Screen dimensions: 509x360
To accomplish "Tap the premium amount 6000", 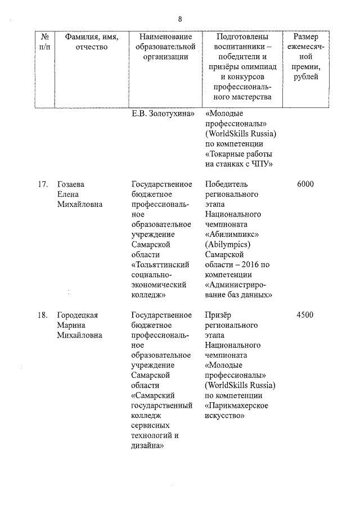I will tap(304, 184).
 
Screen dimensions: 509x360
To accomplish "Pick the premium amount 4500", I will tap(304, 315).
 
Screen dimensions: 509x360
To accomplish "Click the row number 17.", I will tap(39, 184).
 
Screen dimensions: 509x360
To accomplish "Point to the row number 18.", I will tap(39, 315).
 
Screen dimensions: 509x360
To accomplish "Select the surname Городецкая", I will tap(78, 315).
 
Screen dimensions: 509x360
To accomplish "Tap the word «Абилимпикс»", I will tap(229, 235).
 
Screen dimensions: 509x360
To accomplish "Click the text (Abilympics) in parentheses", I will tap(228, 245).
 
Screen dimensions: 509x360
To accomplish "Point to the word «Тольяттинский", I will tap(160, 265).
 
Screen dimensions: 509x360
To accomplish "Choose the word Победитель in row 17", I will tap(226, 184).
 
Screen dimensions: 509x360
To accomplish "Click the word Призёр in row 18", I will tap(219, 315).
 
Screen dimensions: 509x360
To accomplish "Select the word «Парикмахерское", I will tap(236, 406).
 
